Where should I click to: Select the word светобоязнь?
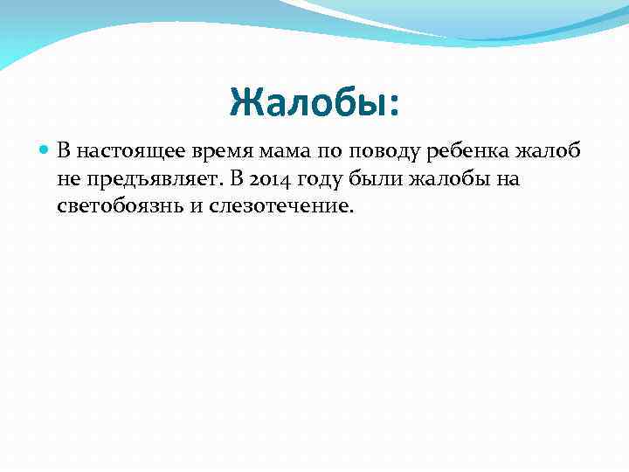pos(110,207)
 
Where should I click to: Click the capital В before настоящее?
pos(63,151)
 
